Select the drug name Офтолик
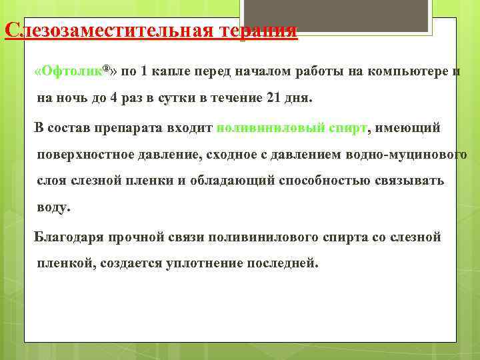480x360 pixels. coord(72,71)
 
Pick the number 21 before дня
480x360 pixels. coord(273,97)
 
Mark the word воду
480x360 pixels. coord(53,207)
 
